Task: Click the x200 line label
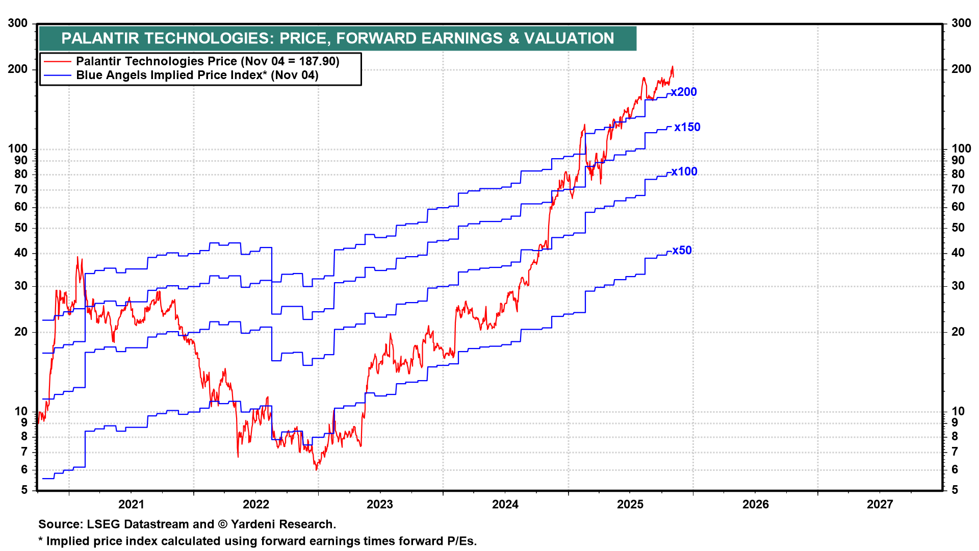(x=684, y=92)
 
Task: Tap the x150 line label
(x=687, y=128)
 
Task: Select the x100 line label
(x=684, y=172)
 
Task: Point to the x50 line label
(x=682, y=251)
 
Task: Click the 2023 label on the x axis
(x=380, y=505)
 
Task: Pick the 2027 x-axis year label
(x=880, y=505)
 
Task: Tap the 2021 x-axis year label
(x=131, y=505)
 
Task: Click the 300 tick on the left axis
(x=18, y=23)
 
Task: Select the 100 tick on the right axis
(x=961, y=149)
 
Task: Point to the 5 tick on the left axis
(x=24, y=490)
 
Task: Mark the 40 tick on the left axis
(x=21, y=253)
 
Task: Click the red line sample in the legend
(x=57, y=62)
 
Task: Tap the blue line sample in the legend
(x=57, y=76)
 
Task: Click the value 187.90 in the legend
(x=317, y=62)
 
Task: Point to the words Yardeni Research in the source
(x=282, y=524)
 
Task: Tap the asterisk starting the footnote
(x=41, y=540)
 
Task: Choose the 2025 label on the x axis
(x=630, y=505)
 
